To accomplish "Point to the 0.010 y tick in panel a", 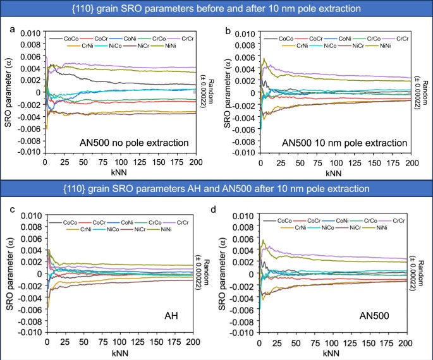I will click(x=30, y=32).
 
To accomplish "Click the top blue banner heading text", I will click(x=216, y=9).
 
